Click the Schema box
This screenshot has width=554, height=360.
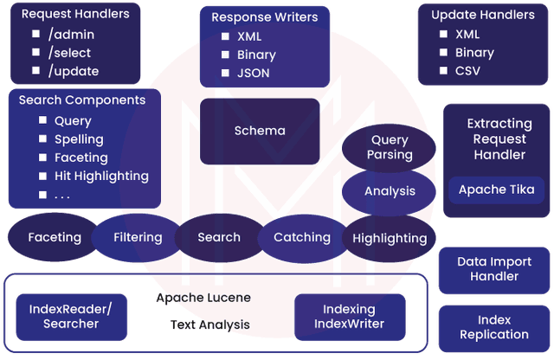260,132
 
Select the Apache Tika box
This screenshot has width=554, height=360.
497,190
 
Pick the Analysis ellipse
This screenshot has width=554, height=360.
390,191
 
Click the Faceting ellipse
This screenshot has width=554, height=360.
55,237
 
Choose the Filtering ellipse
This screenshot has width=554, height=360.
138,237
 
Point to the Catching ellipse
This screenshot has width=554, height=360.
302,237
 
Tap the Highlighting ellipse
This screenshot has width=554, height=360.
390,238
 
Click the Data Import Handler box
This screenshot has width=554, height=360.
494,269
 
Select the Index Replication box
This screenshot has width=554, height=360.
494,327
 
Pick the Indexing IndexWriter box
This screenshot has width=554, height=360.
349,316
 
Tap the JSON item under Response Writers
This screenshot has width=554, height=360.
253,73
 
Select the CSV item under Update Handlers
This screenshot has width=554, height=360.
473,70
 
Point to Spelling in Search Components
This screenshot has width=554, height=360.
79,139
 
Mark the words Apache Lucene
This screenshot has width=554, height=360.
203,298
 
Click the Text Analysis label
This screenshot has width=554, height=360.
210,325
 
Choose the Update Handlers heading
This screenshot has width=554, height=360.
483,15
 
